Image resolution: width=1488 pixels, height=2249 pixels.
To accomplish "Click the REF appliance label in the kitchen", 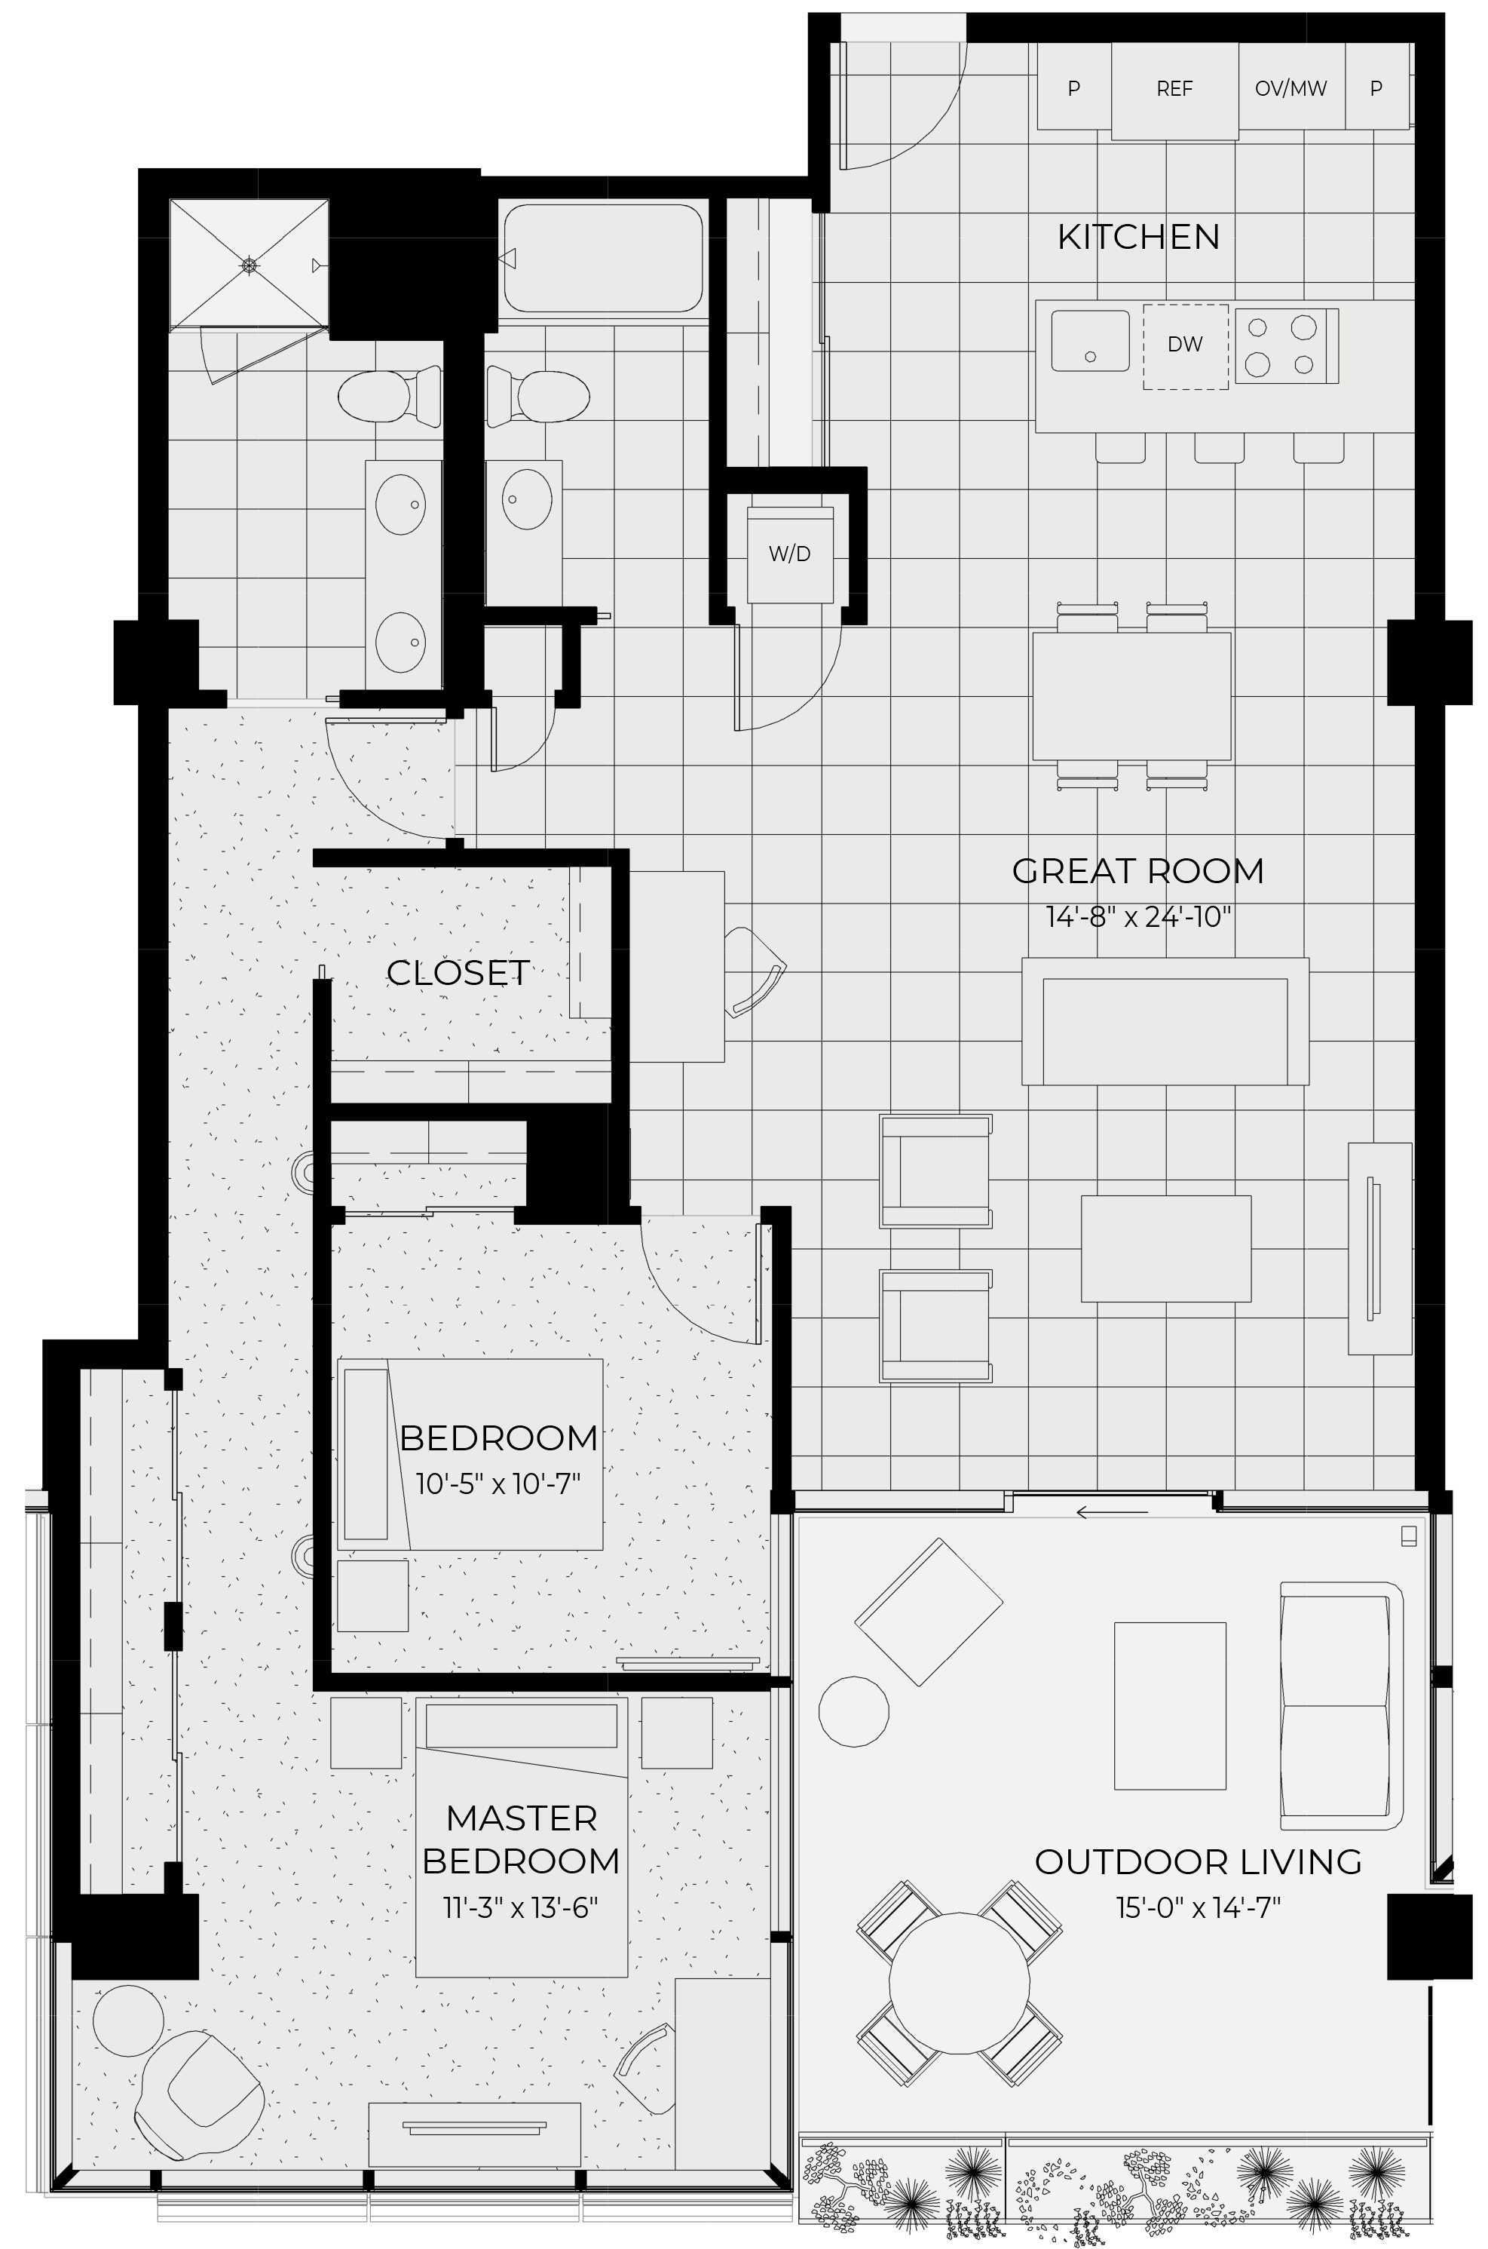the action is point(1174,89).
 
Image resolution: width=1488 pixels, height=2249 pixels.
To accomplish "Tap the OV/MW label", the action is point(1291,89).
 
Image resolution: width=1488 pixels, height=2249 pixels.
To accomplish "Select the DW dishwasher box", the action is point(1185,346).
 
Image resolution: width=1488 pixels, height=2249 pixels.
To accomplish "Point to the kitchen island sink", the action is point(1091,341).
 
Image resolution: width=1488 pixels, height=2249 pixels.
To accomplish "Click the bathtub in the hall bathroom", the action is point(604,258).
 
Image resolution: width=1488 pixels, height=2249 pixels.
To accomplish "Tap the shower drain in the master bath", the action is point(249,265).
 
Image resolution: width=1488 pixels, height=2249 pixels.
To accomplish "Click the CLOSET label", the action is point(458,973).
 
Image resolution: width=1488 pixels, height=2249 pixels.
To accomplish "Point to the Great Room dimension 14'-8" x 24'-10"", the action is point(1139,917).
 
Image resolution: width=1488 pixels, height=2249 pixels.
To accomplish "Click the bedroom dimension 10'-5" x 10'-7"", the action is point(498,1483).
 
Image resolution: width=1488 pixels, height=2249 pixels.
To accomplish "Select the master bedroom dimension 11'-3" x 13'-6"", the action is point(521,1907).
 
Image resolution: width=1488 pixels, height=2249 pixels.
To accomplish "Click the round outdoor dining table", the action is point(960,1984).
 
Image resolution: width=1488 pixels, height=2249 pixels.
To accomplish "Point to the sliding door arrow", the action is point(1112,1511).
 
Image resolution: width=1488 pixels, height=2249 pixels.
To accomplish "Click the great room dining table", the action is point(1132,697).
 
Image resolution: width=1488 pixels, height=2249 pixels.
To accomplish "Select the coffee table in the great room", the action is point(1166,1248).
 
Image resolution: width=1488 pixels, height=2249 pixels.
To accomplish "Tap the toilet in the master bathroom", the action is point(390,397).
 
